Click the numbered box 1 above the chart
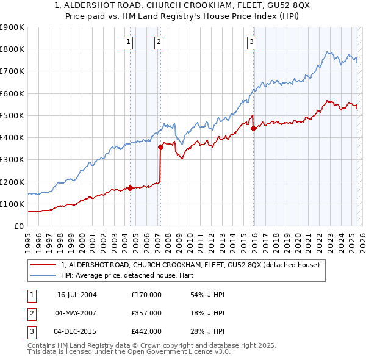point(129,42)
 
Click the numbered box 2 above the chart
point(159,42)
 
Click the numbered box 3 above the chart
point(251,42)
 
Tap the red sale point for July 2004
point(131,188)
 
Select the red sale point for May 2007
point(160,146)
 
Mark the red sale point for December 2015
point(254,128)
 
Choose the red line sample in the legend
point(41,265)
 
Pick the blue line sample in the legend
point(41,275)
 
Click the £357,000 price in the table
point(146,313)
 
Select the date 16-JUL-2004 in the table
point(77,294)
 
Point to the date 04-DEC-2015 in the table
point(76,331)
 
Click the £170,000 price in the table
point(146,294)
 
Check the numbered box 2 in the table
point(30,313)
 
